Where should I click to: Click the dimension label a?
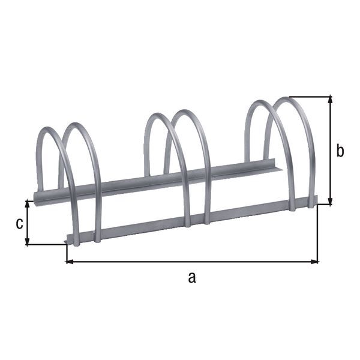[x=191, y=277]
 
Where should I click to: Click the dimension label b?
[x=340, y=151]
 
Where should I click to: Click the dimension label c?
[x=19, y=223]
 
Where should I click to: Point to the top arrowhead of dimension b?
[x=329, y=100]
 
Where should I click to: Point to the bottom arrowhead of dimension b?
[x=329, y=201]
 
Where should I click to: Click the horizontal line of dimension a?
[x=192, y=262]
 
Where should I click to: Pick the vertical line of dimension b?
[x=329, y=150]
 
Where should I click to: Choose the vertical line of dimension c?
[x=28, y=222]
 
